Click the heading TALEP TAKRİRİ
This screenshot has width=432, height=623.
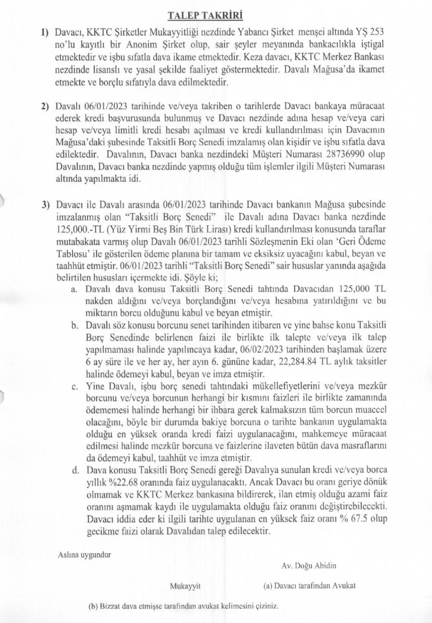[205, 16]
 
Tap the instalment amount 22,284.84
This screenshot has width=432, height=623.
[298, 362]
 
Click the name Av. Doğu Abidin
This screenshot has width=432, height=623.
[308, 566]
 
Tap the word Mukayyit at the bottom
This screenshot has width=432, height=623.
[185, 586]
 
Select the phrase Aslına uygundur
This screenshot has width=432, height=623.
[84, 555]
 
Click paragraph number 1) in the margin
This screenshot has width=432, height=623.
[44, 32]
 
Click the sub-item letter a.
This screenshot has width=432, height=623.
[74, 289]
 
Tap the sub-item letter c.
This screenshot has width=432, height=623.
[74, 386]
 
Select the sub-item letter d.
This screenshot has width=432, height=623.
[75, 470]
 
